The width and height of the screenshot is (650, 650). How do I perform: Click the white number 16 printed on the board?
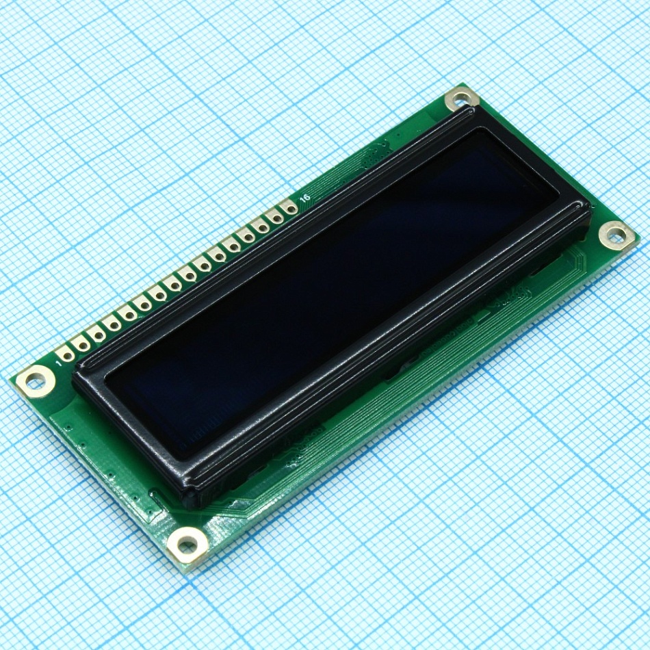tap(305, 197)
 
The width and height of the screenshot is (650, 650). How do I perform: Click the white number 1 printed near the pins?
tap(60, 365)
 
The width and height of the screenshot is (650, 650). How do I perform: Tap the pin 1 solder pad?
tap(66, 354)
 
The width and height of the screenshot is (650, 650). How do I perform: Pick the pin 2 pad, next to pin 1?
tap(81, 343)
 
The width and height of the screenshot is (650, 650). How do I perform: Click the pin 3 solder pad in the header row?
tap(97, 334)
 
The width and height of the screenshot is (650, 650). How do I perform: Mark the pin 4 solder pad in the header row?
tap(112, 324)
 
